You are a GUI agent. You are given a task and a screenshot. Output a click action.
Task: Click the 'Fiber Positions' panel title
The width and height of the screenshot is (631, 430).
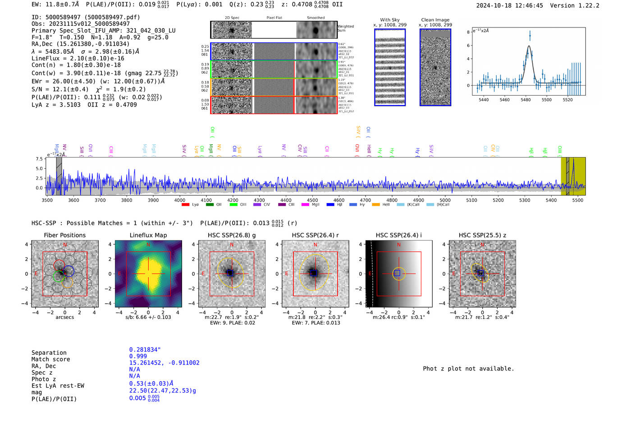[x=64, y=235]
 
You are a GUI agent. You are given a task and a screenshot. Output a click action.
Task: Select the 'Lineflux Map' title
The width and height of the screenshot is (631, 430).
[x=148, y=235]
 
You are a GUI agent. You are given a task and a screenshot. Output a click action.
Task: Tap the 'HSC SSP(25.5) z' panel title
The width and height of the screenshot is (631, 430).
[x=482, y=235]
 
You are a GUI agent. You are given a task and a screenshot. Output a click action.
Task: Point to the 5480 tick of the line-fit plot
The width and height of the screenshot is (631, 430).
[x=526, y=100]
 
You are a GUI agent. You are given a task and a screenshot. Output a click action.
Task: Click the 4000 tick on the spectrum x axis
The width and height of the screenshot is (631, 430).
[x=180, y=200]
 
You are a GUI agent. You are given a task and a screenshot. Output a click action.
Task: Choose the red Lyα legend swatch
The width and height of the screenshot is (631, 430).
[x=185, y=205]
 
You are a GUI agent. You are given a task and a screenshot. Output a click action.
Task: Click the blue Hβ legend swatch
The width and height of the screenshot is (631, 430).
[x=330, y=205]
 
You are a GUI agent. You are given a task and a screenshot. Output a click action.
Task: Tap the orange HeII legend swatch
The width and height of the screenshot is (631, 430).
[x=376, y=205]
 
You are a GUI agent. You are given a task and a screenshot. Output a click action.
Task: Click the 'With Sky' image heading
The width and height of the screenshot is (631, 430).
[x=389, y=20]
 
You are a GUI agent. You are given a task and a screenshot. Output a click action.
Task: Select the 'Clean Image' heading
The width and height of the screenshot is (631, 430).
[x=435, y=20]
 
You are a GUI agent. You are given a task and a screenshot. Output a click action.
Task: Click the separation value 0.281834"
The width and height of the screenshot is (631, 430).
[x=145, y=350]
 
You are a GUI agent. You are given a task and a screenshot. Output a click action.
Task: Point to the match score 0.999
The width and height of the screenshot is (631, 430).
[x=138, y=356]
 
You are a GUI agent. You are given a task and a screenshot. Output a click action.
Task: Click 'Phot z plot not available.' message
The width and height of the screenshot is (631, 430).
[x=468, y=369]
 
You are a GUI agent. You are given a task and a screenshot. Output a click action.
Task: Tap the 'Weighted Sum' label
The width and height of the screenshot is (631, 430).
[x=345, y=28]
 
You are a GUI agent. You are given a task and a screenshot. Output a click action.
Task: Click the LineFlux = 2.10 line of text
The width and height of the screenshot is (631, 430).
[x=78, y=58]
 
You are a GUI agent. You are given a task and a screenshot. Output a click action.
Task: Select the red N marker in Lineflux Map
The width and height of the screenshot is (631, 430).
[x=148, y=245]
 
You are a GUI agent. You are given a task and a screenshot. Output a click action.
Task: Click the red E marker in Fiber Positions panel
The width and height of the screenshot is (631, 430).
[x=36, y=274]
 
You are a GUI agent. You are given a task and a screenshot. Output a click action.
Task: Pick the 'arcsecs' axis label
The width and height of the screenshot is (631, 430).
[x=64, y=317]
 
